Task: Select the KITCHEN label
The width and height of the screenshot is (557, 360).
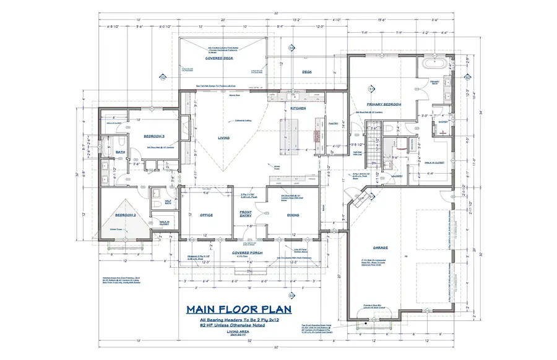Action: point(298,108)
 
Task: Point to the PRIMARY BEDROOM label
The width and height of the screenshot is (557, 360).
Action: point(384,105)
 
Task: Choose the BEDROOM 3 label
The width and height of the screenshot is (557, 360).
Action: point(153,135)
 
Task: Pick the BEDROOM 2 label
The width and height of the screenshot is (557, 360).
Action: point(126,215)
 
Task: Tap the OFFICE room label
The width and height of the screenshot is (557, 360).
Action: point(206,215)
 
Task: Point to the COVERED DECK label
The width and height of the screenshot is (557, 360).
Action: point(218,58)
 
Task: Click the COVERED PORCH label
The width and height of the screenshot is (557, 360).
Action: point(249,252)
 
